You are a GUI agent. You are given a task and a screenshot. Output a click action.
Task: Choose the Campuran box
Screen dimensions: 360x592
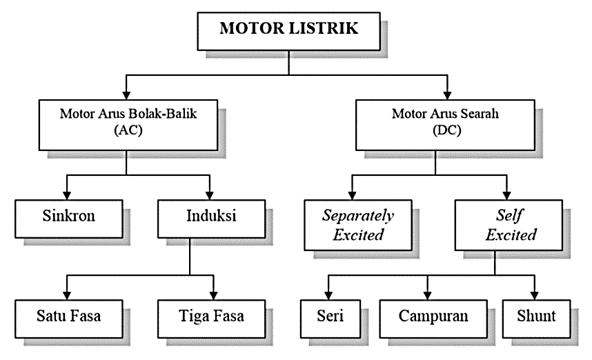click(x=433, y=317)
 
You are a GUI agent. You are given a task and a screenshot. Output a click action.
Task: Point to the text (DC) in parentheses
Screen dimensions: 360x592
click(x=449, y=132)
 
